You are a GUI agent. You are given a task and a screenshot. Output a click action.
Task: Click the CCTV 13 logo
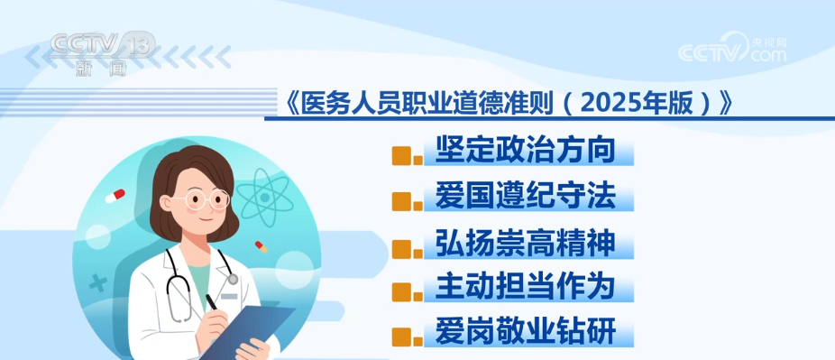click(x=103, y=52)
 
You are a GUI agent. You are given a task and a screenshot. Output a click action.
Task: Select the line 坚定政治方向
click(x=525, y=151)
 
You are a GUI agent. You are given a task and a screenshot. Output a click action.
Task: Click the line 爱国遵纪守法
click(x=525, y=197)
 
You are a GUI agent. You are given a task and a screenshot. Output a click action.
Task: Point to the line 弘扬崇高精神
click(x=525, y=244)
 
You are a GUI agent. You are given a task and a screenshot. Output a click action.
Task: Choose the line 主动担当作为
click(x=525, y=287)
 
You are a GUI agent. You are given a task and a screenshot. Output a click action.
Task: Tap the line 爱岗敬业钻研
click(x=525, y=331)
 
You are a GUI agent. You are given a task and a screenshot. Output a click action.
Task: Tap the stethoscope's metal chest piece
click(x=232, y=279)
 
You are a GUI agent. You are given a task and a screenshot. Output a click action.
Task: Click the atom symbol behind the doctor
click(x=265, y=196)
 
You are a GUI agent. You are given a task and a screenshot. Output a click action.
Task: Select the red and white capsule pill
click(x=115, y=196)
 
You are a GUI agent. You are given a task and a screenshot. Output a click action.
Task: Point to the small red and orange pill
click(x=261, y=246)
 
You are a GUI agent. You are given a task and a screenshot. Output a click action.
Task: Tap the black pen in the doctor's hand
click(x=212, y=302)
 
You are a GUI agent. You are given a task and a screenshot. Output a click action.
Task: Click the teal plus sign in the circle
click(x=98, y=283)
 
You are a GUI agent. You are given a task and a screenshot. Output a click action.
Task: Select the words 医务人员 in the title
click(x=344, y=105)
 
